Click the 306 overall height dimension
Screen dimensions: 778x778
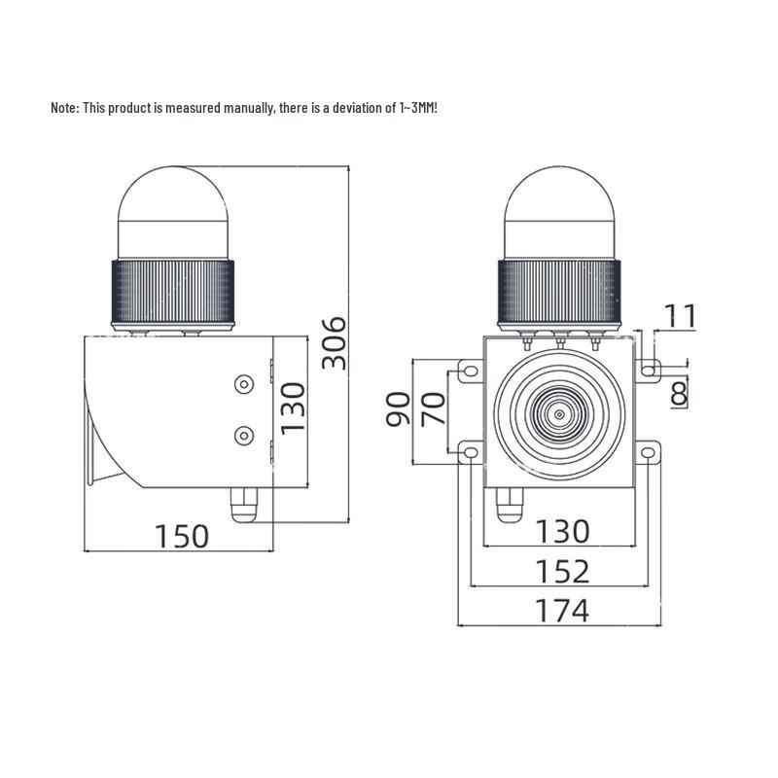(335, 341)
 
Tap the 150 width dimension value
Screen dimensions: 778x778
(182, 536)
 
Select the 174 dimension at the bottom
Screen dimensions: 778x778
(562, 611)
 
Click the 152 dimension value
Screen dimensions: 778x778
(562, 571)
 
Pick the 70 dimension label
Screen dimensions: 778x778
(435, 409)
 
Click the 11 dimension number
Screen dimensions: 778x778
(681, 316)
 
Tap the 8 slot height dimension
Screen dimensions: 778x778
(679, 394)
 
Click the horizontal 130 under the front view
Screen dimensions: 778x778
(562, 531)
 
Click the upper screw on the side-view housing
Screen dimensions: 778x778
(243, 386)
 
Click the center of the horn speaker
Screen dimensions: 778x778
(559, 414)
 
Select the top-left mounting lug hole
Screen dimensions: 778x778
(469, 371)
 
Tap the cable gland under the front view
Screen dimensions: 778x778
(506, 506)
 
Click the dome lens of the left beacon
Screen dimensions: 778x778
(173, 209)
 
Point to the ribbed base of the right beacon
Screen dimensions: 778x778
(559, 292)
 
